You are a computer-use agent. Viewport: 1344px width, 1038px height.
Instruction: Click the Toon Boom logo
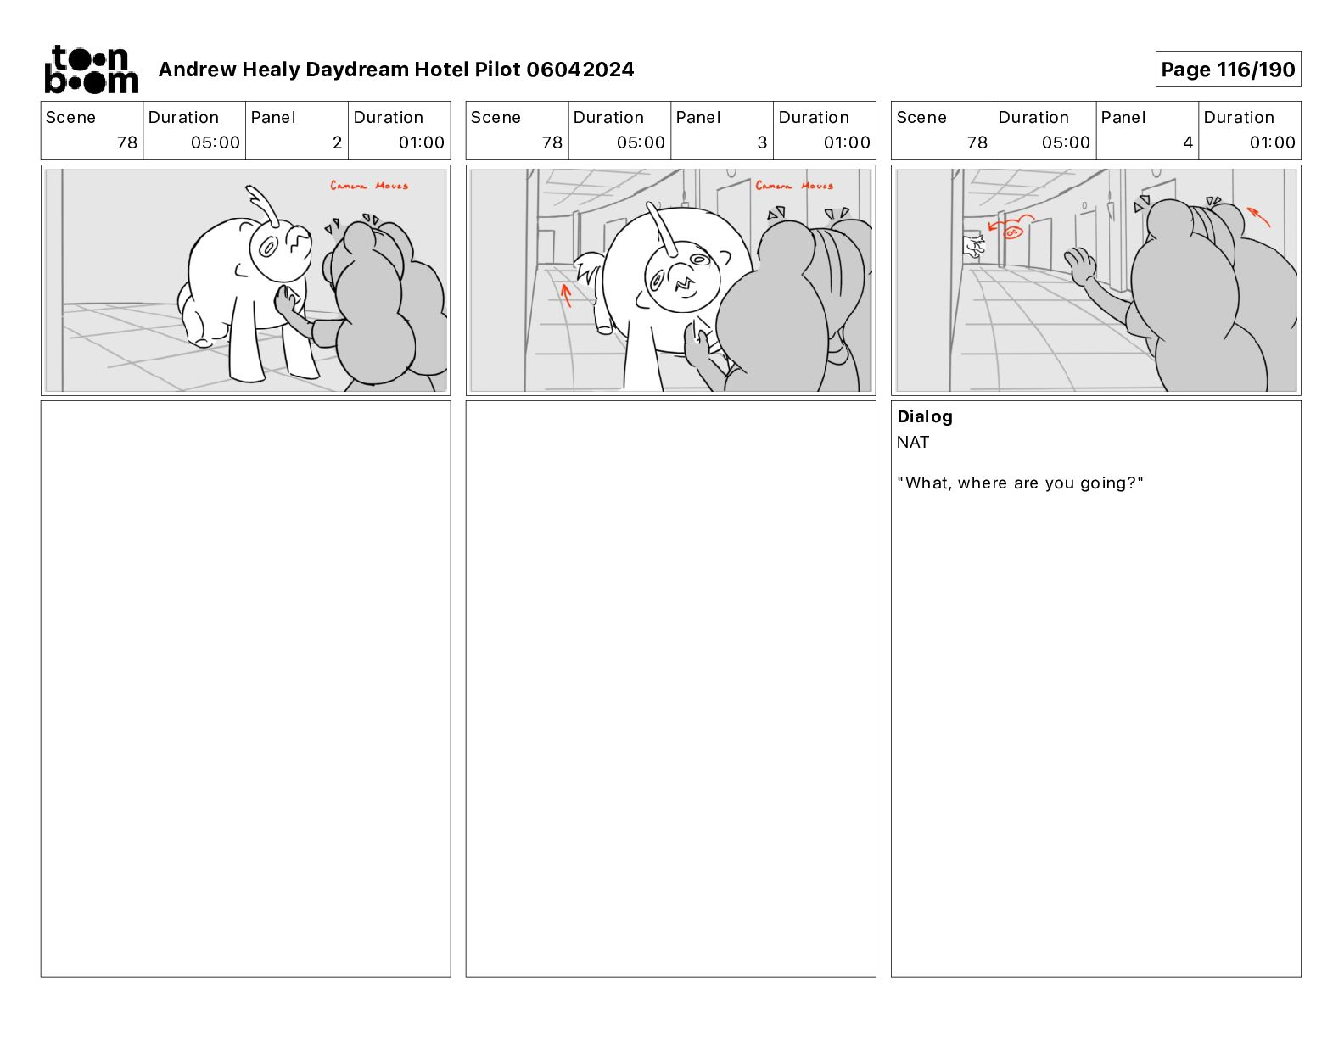point(92,70)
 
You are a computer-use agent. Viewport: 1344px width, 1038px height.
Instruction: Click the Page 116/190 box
point(1228,70)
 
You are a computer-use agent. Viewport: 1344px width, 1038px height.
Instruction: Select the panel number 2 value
point(337,142)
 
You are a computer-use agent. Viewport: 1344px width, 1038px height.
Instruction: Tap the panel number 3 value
point(762,142)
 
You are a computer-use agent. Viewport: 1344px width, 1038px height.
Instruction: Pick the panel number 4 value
point(1188,142)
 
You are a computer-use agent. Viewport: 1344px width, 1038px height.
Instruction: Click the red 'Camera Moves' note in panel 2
point(368,186)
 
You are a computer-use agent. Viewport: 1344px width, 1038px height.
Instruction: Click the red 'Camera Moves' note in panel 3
point(794,186)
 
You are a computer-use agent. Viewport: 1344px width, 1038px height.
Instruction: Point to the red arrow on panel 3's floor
point(566,295)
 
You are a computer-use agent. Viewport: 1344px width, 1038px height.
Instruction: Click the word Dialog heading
point(925,416)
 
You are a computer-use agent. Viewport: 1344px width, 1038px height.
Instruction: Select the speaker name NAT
point(912,442)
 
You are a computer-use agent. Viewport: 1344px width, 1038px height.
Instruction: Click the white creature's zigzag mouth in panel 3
point(683,284)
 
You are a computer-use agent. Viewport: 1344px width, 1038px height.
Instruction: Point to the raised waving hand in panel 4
point(1080,265)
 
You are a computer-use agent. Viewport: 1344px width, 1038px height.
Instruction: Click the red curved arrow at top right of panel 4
point(1258,216)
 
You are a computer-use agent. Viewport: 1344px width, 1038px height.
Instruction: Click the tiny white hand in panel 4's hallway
point(974,246)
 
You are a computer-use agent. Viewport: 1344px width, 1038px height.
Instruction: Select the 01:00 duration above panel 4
point(1272,142)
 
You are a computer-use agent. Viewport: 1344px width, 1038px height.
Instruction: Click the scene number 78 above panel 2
point(126,142)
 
